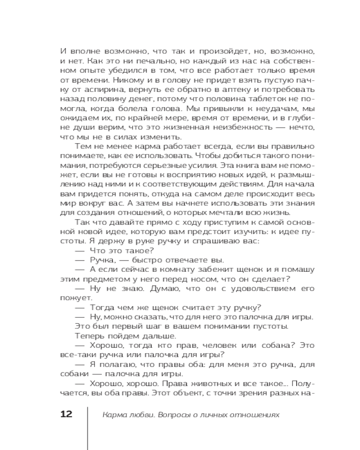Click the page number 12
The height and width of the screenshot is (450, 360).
[66, 414]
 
